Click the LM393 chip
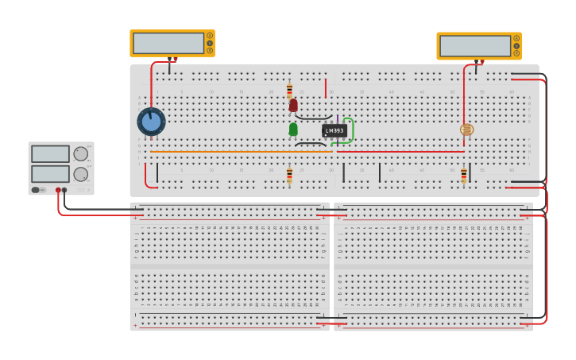pyautogui.click(x=334, y=130)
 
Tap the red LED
pyautogui.click(x=293, y=105)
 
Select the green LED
pyautogui.click(x=293, y=129)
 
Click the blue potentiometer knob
pyautogui.click(x=151, y=122)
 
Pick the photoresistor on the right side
pyautogui.click(x=466, y=130)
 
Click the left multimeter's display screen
pyautogui.click(x=168, y=43)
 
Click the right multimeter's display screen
pyautogui.click(x=474, y=46)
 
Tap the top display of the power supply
pyautogui.click(x=50, y=154)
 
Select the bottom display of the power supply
pyautogui.click(x=50, y=173)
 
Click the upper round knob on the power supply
pyautogui.click(x=81, y=153)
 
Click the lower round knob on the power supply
pyautogui.click(x=81, y=173)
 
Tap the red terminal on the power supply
pyautogui.click(x=58, y=190)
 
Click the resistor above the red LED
pyautogui.click(x=289, y=91)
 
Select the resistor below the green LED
pyautogui.click(x=289, y=175)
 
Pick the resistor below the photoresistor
pyautogui.click(x=464, y=176)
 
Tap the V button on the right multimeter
pyautogui.click(x=516, y=45)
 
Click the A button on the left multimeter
pyautogui.click(x=210, y=36)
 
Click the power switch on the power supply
pyautogui.click(x=36, y=190)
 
